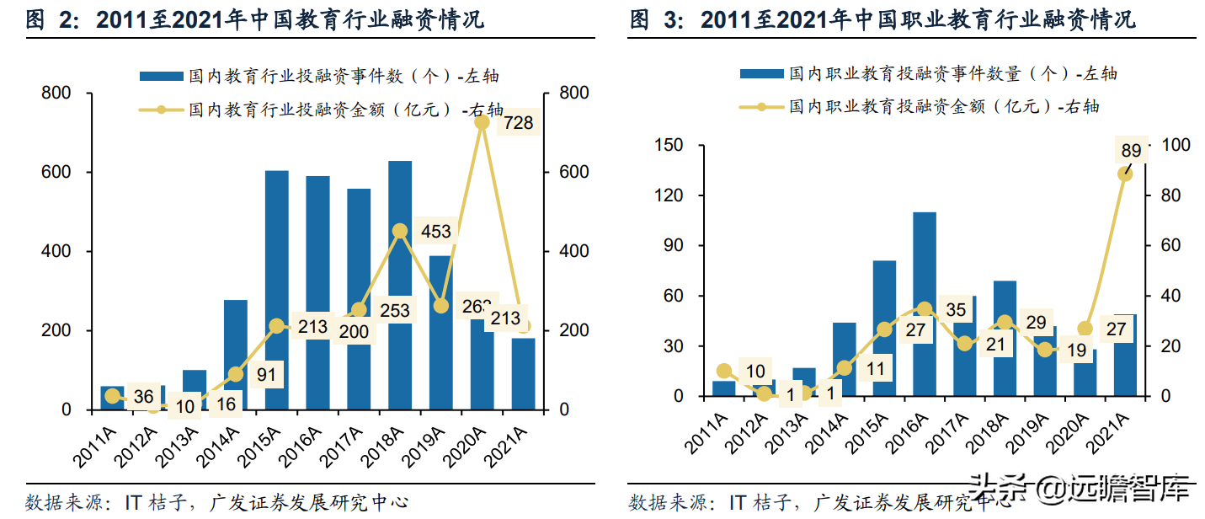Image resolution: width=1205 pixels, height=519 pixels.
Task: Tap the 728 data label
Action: tap(519, 124)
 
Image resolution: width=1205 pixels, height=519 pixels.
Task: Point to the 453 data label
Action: tap(436, 232)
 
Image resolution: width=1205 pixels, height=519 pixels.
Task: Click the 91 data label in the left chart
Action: tap(266, 374)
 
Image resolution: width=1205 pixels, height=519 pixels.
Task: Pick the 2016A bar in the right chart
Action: tap(925, 304)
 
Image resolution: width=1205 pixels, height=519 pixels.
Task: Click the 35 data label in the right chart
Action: tap(956, 310)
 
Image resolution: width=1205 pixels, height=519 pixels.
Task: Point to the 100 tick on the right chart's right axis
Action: tap(1176, 146)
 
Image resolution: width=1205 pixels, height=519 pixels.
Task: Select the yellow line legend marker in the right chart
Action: tap(761, 107)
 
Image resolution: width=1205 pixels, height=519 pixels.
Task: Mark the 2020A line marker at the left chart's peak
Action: tap(482, 123)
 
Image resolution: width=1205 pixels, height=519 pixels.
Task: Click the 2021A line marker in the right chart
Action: tap(1124, 174)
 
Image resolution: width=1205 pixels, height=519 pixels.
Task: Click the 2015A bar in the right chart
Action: tap(884, 329)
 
